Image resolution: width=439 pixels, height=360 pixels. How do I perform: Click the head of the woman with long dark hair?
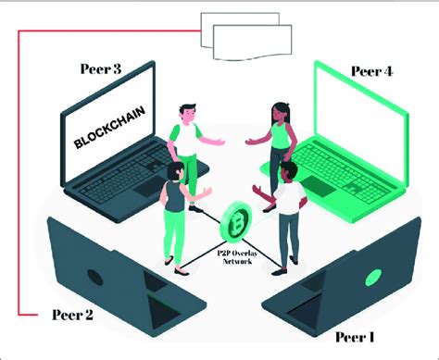[279, 113]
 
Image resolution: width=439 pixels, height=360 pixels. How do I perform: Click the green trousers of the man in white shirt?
[190, 167]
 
